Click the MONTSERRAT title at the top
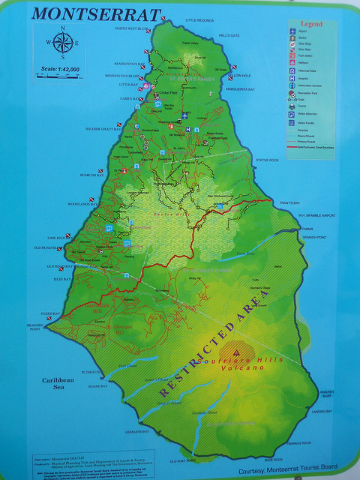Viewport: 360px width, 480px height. point(97,15)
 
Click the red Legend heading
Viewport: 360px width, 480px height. point(311,25)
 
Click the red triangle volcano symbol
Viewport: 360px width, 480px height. point(237,350)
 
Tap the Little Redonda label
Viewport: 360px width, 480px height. point(199,20)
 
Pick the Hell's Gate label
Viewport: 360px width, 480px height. point(229,35)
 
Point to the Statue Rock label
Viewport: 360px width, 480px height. point(267,160)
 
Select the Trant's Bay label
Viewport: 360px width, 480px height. point(290,203)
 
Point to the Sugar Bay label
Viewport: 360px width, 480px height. point(98,386)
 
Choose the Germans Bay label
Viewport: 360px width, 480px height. point(136,432)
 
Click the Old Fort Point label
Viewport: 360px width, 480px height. point(182,460)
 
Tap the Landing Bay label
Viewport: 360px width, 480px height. point(322,411)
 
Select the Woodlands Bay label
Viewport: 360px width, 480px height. point(82,203)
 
